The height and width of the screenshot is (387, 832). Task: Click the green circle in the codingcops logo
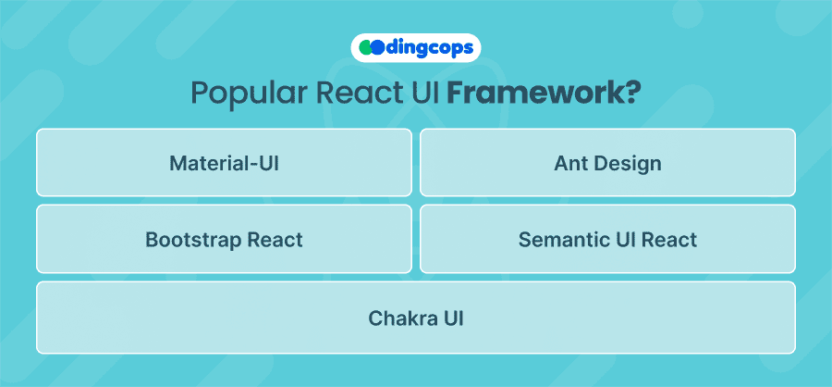point(364,48)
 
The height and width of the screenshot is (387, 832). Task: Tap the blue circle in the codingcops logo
point(376,48)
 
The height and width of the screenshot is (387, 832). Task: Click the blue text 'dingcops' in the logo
point(428,48)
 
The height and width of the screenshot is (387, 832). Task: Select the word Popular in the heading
point(249,94)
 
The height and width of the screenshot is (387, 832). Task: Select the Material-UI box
point(224,163)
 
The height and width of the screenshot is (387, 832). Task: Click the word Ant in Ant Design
point(571,163)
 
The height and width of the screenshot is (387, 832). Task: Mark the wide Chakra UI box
point(416,318)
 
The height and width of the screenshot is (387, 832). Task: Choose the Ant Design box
point(608,163)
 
